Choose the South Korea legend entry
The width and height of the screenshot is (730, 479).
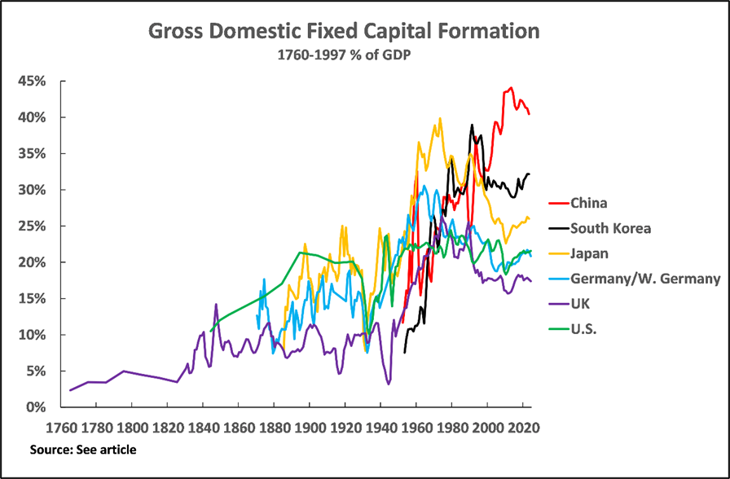tap(611, 228)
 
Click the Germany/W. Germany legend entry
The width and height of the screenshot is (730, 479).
tap(645, 279)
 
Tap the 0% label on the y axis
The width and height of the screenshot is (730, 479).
tap(46, 407)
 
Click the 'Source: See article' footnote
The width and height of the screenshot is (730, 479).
tap(83, 450)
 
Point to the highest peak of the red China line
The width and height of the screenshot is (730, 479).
tap(511, 87)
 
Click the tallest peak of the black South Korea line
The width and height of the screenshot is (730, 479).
tap(472, 125)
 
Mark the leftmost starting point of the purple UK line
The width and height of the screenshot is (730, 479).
tap(70, 390)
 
